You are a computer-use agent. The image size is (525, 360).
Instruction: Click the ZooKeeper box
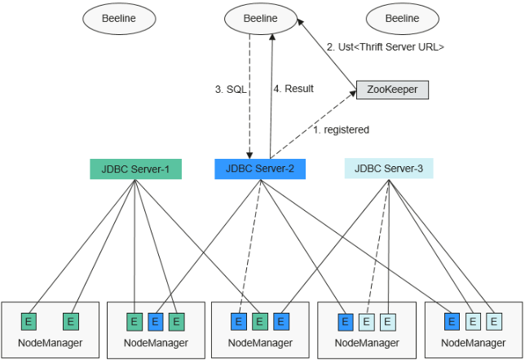coord(392,90)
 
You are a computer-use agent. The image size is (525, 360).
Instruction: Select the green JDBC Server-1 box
coord(135,169)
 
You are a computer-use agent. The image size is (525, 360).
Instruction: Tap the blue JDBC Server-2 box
coord(260,169)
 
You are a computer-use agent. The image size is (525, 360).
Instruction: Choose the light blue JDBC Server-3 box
coord(389,169)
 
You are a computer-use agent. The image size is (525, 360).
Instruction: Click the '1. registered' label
coord(342,130)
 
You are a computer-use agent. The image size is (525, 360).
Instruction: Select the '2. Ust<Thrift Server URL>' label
coord(386,47)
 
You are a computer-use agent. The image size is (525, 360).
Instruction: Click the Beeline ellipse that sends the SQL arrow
coord(261,18)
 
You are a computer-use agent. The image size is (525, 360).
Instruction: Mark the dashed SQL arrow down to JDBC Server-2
coord(249,106)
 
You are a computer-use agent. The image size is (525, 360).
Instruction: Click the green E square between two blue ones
coord(259,322)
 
